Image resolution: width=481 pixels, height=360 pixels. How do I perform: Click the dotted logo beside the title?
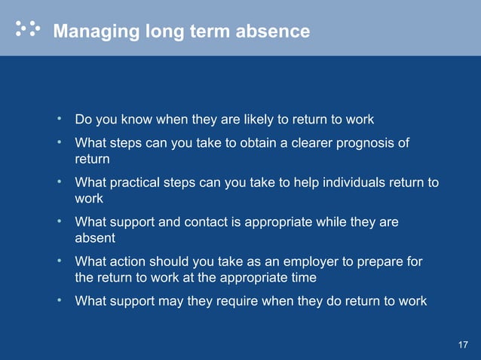[28, 29]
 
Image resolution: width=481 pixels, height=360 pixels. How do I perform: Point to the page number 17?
[463, 345]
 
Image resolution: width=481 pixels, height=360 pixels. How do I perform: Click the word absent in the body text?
[94, 238]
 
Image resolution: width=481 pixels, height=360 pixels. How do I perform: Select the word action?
[132, 262]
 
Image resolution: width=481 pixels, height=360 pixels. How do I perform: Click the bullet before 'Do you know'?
[59, 119]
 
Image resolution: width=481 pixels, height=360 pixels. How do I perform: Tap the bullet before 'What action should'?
[59, 261]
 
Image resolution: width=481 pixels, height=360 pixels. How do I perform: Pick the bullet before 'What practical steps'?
[59, 182]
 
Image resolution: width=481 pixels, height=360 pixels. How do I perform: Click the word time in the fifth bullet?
[303, 277]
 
